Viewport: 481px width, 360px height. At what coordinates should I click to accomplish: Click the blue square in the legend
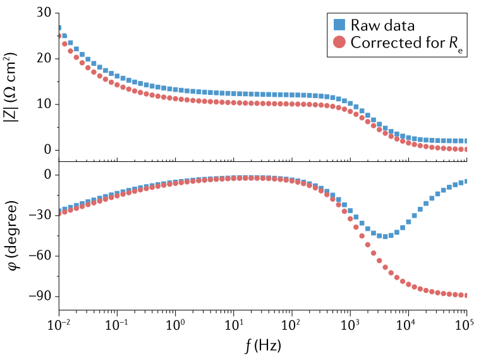pyautogui.click(x=339, y=25)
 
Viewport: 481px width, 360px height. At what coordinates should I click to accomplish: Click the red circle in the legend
pyautogui.click(x=339, y=43)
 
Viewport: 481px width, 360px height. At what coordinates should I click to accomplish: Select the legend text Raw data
pyautogui.click(x=382, y=25)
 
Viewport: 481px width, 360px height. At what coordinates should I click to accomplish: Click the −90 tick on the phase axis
pyautogui.click(x=41, y=296)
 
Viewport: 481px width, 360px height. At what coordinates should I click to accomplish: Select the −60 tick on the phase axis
pyautogui.click(x=41, y=256)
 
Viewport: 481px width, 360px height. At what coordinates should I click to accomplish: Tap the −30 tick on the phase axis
pyautogui.click(x=41, y=215)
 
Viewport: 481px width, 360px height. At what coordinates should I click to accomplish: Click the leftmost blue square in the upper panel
pyautogui.click(x=59, y=28)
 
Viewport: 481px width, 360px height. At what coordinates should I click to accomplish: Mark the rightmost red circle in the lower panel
pyautogui.click(x=466, y=295)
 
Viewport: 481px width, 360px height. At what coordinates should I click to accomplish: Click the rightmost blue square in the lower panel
pyautogui.click(x=466, y=181)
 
